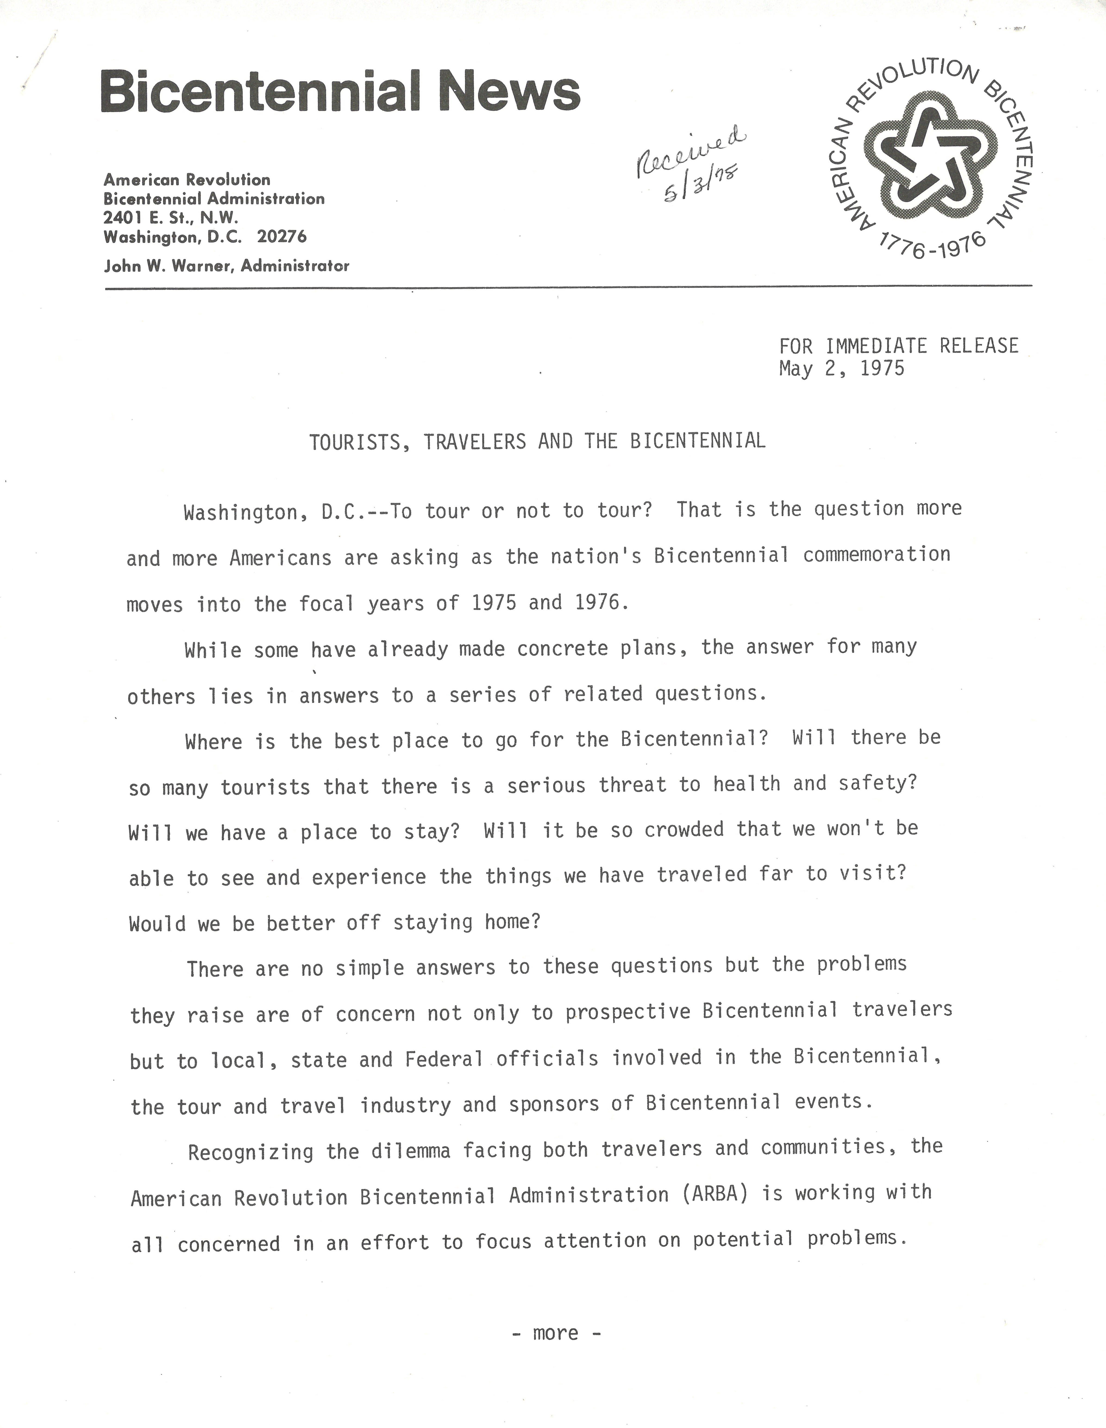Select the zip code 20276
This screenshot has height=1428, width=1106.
(x=282, y=237)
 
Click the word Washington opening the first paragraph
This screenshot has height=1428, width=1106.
(x=241, y=513)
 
